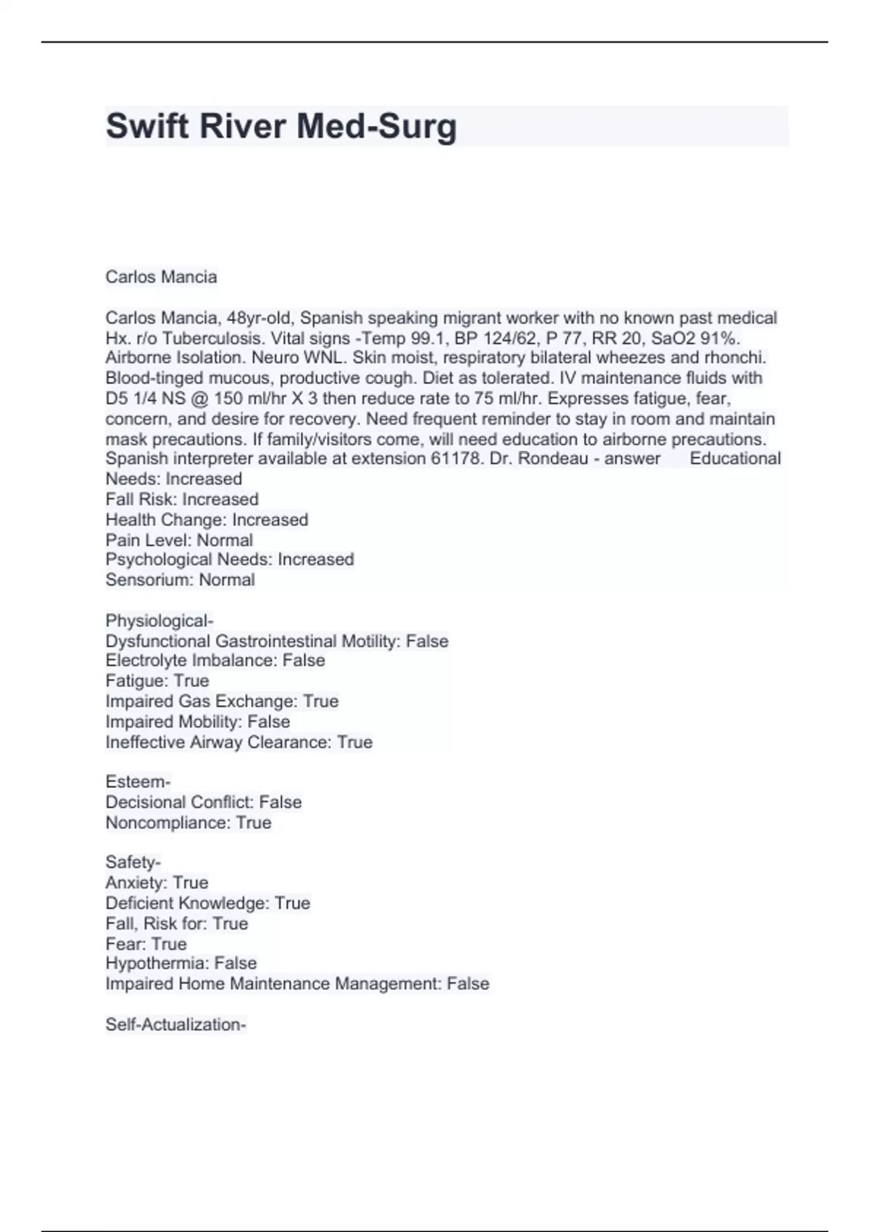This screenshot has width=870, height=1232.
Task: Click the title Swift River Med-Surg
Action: click(x=281, y=126)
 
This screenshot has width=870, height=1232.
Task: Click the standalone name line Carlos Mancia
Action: click(x=161, y=277)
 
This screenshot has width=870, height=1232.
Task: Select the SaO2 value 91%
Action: click(x=718, y=338)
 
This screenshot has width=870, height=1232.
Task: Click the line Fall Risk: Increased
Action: click(x=182, y=499)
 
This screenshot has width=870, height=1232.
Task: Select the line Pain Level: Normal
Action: click(x=179, y=540)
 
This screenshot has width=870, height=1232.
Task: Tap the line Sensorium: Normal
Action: click(x=180, y=580)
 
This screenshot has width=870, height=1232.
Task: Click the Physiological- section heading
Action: click(x=159, y=621)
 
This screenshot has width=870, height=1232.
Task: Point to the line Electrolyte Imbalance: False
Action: click(x=215, y=660)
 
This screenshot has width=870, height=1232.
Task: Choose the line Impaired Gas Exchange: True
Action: click(x=222, y=701)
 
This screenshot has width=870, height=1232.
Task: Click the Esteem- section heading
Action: click(x=138, y=782)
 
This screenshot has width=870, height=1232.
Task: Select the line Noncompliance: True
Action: click(x=188, y=823)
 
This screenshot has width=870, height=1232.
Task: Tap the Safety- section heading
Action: click(x=133, y=862)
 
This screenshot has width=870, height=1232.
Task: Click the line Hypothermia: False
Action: click(x=181, y=963)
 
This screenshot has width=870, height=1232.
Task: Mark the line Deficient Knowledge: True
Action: click(x=207, y=903)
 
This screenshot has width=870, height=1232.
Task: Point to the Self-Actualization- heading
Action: click(x=176, y=1025)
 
